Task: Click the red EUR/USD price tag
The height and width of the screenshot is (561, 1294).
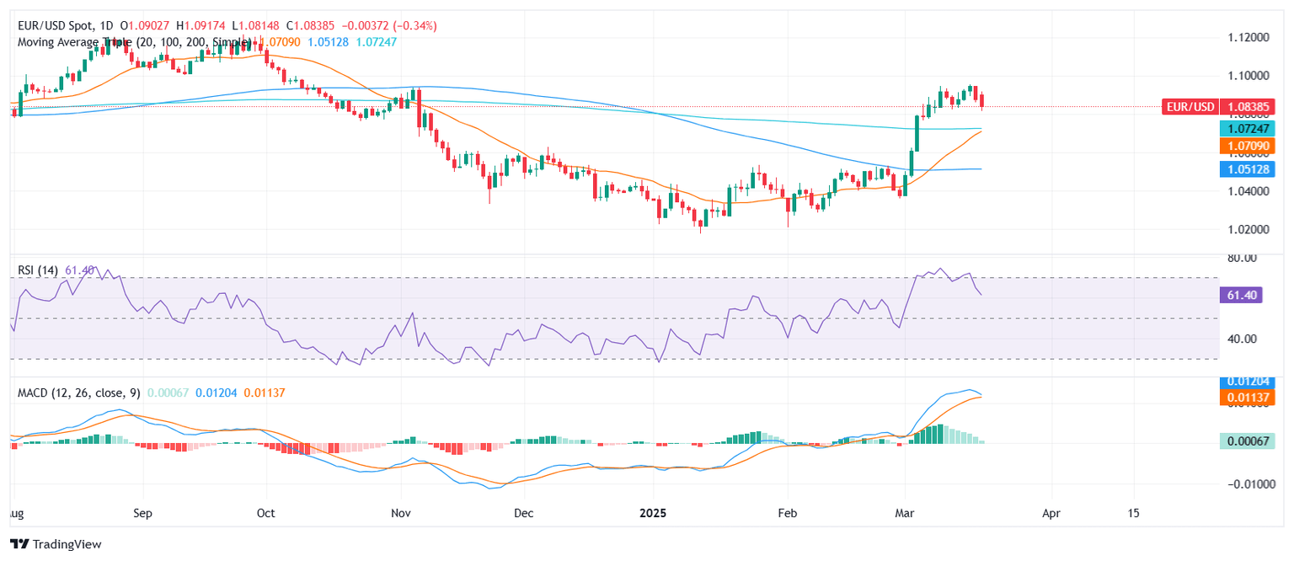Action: point(1189,107)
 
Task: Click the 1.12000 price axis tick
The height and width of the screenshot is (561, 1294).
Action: point(1245,38)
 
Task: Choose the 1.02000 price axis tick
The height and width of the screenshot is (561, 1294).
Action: point(1245,229)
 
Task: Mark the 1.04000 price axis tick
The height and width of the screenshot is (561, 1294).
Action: point(1245,191)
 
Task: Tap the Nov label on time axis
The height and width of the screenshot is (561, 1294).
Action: point(401,512)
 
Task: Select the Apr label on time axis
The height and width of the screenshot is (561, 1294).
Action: point(1051,512)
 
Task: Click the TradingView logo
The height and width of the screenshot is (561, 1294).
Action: point(56,544)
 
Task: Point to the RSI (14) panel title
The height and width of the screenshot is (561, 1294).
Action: point(38,270)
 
